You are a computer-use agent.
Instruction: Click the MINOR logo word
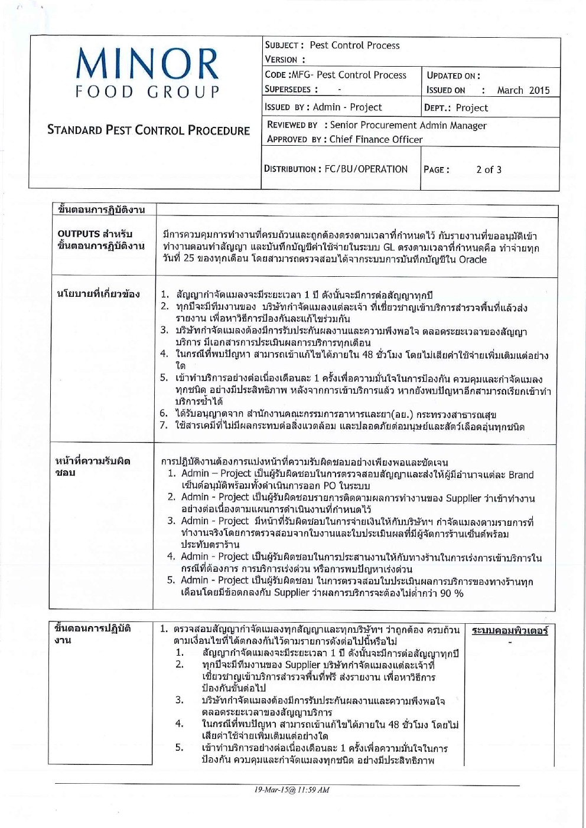pos(148,64)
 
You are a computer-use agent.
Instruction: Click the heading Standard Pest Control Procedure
pos(148,130)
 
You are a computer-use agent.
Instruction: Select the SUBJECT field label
pos(284,45)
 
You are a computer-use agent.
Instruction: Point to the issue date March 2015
pos(523,90)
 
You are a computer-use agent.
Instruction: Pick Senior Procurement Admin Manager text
pos(408,125)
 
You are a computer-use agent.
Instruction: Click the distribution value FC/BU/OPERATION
pos(366,169)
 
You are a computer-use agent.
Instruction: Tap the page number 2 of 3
pos(489,170)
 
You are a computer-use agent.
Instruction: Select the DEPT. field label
pos(438,108)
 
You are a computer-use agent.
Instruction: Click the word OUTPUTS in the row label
pos(79,234)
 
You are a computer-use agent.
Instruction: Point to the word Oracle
pos(473,260)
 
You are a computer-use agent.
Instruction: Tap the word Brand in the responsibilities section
pos(520,474)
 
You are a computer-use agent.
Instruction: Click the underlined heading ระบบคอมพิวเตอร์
pos(510,631)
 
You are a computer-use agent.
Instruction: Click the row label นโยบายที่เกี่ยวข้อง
pos(98,293)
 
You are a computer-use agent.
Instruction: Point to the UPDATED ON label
pos(453,76)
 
